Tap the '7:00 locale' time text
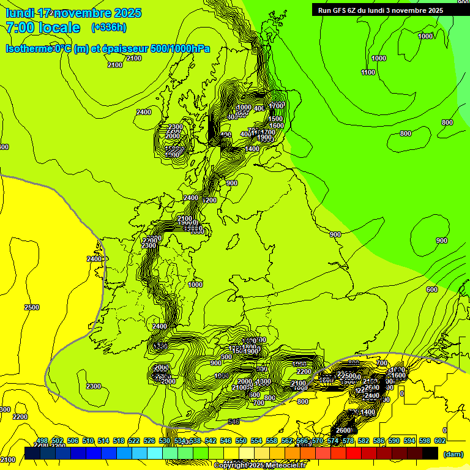pyautogui.click(x=43, y=28)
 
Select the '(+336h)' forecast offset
pyautogui.click(x=109, y=28)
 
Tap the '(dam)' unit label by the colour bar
pyautogui.click(x=453, y=453)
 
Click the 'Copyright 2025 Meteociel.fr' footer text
pyautogui.click(x=259, y=465)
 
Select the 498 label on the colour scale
pyautogui.click(x=42, y=441)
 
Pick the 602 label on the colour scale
pyautogui.click(x=440, y=441)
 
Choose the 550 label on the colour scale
pyautogui.click(x=241, y=441)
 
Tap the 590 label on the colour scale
pyautogui.click(x=394, y=441)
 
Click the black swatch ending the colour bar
pyautogui.click(x=430, y=453)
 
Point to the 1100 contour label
pyautogui.click(x=368, y=72)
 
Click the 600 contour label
pyautogui.click(x=431, y=289)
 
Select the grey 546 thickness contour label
pyautogui.click(x=233, y=422)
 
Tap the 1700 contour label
pyautogui.click(x=276, y=106)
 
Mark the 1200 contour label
pyautogui.click(x=210, y=200)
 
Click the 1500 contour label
pyautogui.click(x=275, y=119)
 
